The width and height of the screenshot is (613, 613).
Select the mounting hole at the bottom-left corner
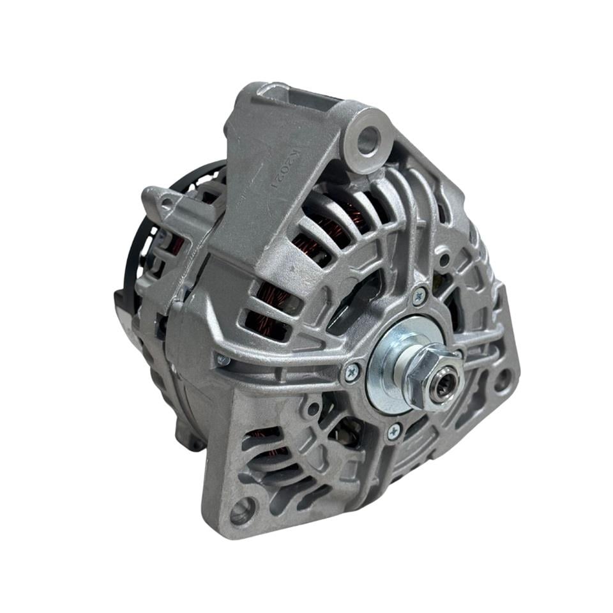point(243,510)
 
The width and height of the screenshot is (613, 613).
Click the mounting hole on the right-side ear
point(503,380)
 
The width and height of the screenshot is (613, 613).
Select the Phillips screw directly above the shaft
point(420,296)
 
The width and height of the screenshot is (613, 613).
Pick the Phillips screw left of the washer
point(352,374)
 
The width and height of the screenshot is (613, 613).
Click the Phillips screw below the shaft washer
point(394,432)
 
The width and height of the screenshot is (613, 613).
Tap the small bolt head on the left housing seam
point(223,360)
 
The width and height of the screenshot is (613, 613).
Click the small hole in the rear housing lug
point(167,204)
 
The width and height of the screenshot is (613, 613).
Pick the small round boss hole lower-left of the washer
point(312,409)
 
